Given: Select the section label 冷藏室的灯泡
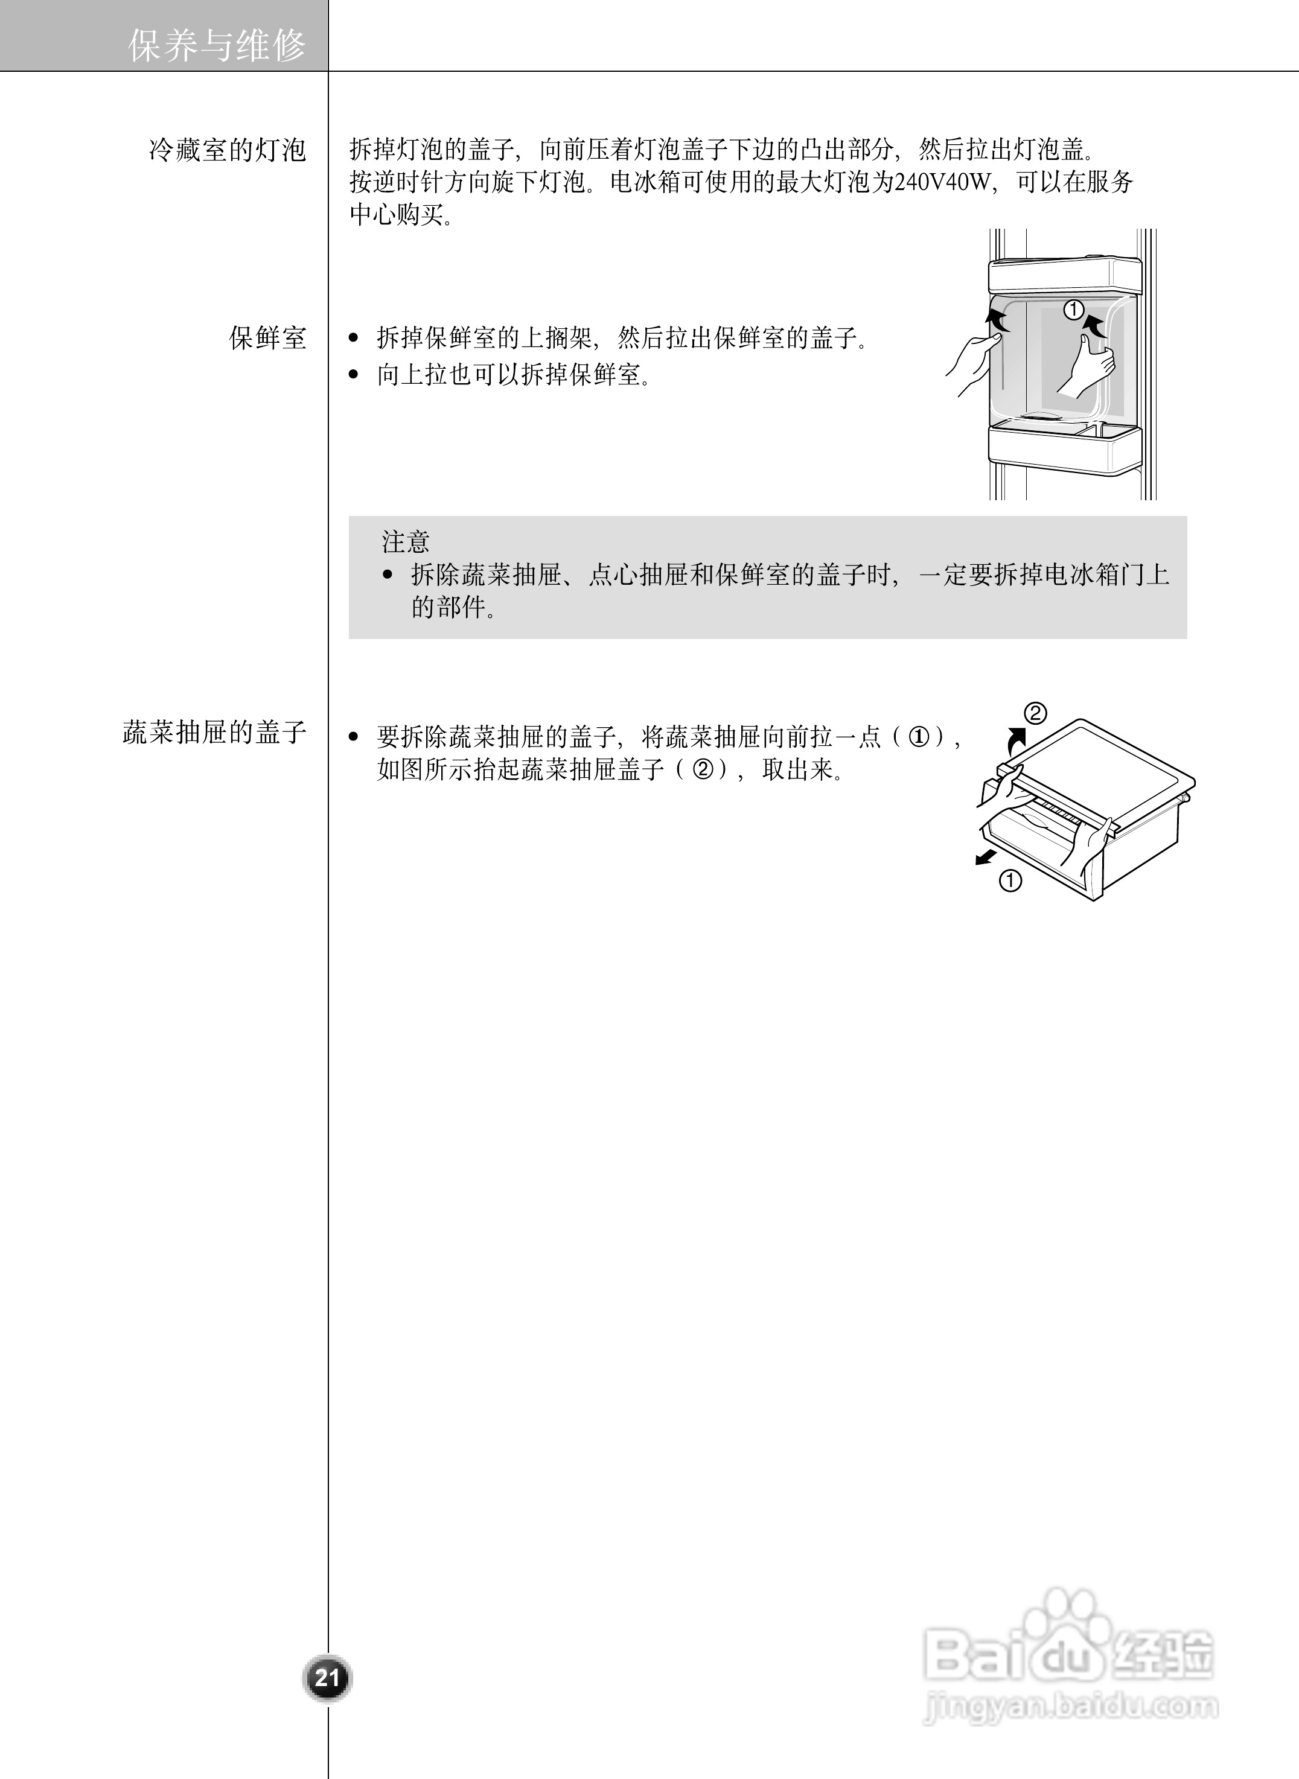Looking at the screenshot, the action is (227, 150).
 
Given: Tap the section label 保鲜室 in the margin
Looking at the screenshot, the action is (267, 338).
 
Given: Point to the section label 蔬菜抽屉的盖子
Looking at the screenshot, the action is (214, 732).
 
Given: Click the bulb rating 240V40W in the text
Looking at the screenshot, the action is (941, 182).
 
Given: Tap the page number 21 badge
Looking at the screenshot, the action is (327, 1678).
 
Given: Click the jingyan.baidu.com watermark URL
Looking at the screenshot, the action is (1070, 1707).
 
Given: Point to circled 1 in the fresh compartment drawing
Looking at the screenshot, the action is (1073, 310).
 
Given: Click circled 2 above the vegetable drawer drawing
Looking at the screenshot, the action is (1035, 713).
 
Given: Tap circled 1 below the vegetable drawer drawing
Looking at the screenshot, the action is (1010, 880).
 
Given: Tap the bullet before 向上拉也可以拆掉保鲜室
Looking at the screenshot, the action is (354, 375).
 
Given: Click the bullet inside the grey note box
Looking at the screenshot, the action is (387, 574).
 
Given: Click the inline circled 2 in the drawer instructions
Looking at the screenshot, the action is (702, 769).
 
